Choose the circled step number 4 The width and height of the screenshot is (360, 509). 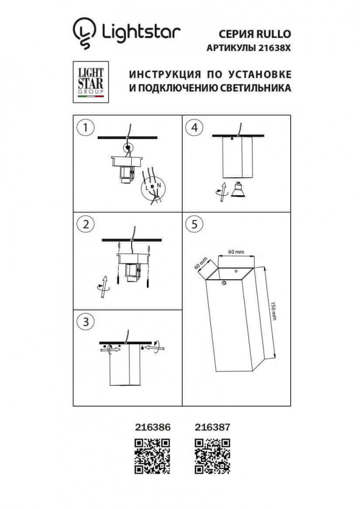(x=195, y=127)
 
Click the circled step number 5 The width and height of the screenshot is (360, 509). (x=195, y=224)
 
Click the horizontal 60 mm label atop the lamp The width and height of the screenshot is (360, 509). (x=237, y=252)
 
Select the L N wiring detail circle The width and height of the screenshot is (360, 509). (x=152, y=188)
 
